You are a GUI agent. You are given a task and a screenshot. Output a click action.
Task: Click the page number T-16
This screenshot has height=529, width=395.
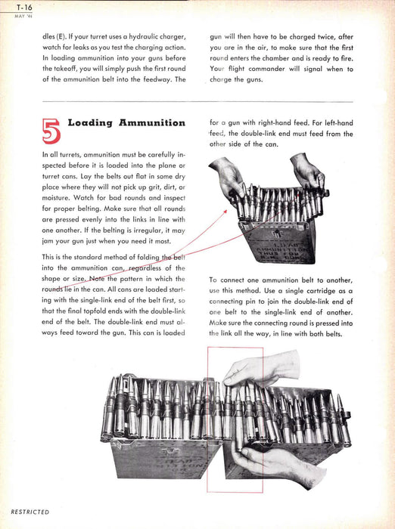pyautogui.click(x=24, y=7)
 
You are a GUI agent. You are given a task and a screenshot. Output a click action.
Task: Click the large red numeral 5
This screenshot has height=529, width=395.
pyautogui.click(x=51, y=131)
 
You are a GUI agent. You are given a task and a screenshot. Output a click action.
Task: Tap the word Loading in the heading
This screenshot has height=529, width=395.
pyautogui.click(x=90, y=122)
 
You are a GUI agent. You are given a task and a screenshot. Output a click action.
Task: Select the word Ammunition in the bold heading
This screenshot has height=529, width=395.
pyautogui.click(x=152, y=122)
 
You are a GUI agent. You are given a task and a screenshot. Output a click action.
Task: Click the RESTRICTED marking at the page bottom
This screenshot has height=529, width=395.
pyautogui.click(x=30, y=512)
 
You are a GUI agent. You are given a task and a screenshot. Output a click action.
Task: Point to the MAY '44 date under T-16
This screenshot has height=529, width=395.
pyautogui.click(x=23, y=16)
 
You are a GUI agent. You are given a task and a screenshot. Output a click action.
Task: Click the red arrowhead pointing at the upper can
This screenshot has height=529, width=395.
pyautogui.click(x=225, y=211)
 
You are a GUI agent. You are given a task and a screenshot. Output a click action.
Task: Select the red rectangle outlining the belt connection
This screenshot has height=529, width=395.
pyautogui.click(x=207, y=419)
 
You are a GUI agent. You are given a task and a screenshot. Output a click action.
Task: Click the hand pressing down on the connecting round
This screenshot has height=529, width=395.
pyautogui.click(x=261, y=369)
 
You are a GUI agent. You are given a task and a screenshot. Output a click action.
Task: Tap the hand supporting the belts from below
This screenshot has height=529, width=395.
pyautogui.click(x=277, y=466)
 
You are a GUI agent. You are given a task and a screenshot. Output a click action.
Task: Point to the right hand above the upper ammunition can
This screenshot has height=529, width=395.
pyautogui.click(x=307, y=171)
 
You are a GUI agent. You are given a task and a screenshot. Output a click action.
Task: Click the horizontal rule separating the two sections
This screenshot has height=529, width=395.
pyautogui.click(x=197, y=101)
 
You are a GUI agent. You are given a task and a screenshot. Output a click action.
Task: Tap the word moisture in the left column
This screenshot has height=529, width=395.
pyautogui.click(x=56, y=198)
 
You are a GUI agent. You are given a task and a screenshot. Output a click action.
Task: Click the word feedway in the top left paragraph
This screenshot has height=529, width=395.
pyautogui.click(x=151, y=79)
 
